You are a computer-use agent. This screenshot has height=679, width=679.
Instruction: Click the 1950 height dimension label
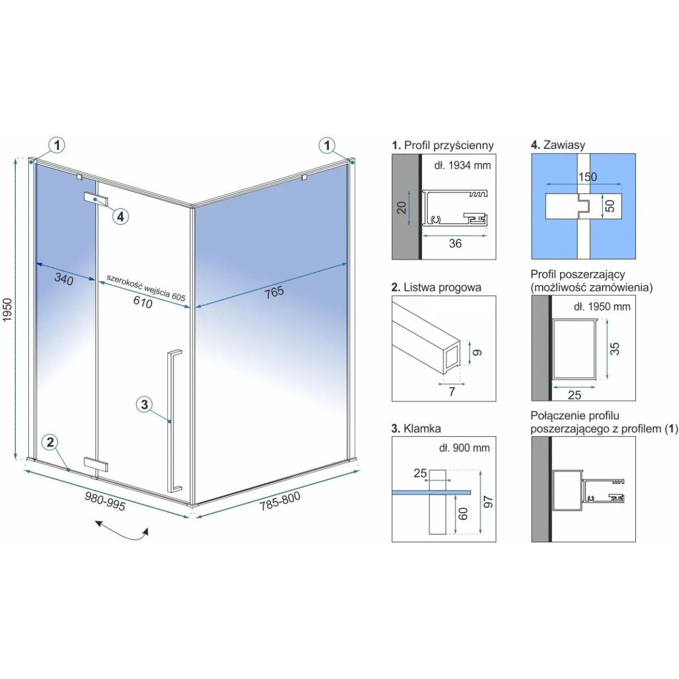click(7, 310)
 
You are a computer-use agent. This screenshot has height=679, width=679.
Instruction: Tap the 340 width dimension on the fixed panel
click(64, 279)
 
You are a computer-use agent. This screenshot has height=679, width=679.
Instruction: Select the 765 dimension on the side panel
click(274, 292)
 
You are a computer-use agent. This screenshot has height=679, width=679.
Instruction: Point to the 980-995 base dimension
click(105, 501)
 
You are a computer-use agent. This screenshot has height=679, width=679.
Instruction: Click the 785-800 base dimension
click(280, 501)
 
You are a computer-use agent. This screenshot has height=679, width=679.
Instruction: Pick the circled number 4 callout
click(121, 216)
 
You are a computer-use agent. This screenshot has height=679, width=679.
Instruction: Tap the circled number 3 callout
click(144, 404)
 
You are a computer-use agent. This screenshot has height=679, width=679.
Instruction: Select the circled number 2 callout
click(50, 442)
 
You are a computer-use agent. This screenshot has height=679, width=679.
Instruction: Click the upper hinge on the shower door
click(96, 199)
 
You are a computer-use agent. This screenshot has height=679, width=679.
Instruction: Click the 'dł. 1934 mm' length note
click(462, 165)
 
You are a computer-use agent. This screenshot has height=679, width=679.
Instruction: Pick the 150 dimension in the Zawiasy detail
click(587, 177)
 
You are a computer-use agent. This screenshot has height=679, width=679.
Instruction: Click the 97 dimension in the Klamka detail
click(488, 502)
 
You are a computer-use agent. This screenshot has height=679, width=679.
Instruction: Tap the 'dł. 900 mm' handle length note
click(465, 448)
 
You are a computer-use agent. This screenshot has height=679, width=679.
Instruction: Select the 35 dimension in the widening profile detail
click(614, 349)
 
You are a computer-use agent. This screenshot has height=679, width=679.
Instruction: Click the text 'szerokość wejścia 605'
click(145, 288)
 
